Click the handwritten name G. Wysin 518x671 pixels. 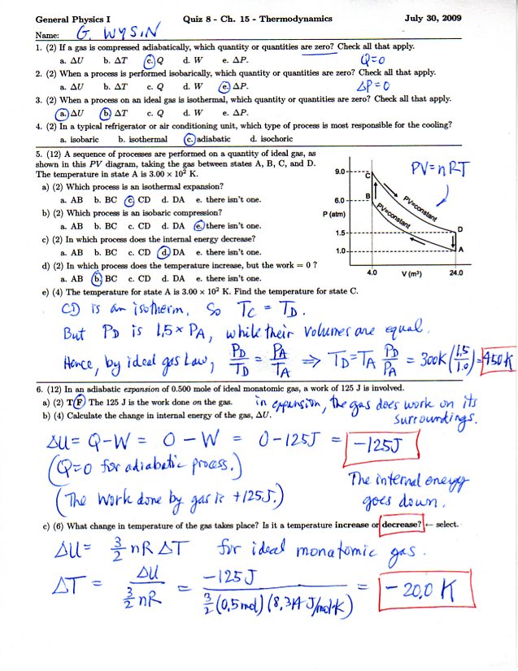coord(107,33)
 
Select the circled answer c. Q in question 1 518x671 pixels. coord(151,60)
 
